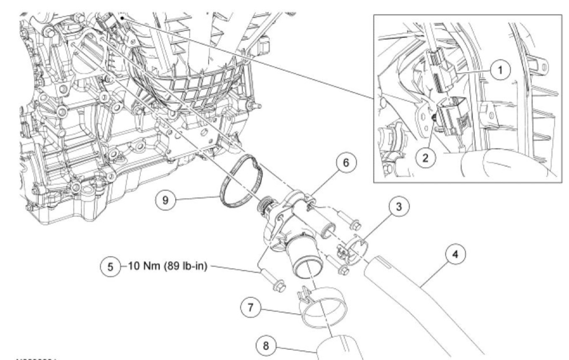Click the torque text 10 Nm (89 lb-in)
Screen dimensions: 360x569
pos(167,266)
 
